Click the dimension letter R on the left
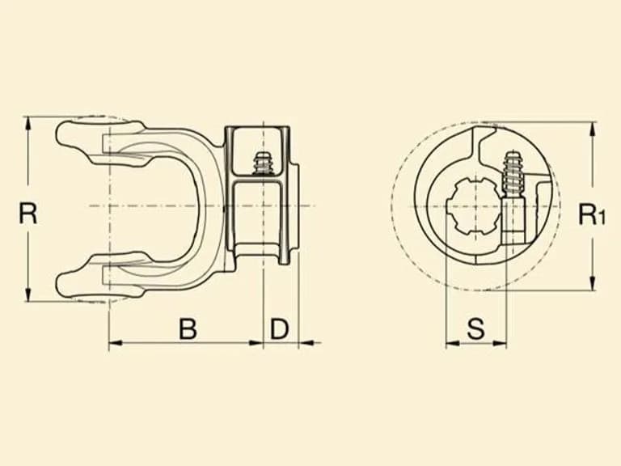click(x=28, y=214)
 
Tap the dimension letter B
click(x=188, y=328)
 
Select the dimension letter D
click(x=280, y=328)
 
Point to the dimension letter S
click(x=475, y=328)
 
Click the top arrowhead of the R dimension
click(x=27, y=124)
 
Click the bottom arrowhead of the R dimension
click(x=27, y=294)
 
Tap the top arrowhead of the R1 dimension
click(x=592, y=129)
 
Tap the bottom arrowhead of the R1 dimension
click(x=592, y=284)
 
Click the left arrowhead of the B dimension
click(x=116, y=343)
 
